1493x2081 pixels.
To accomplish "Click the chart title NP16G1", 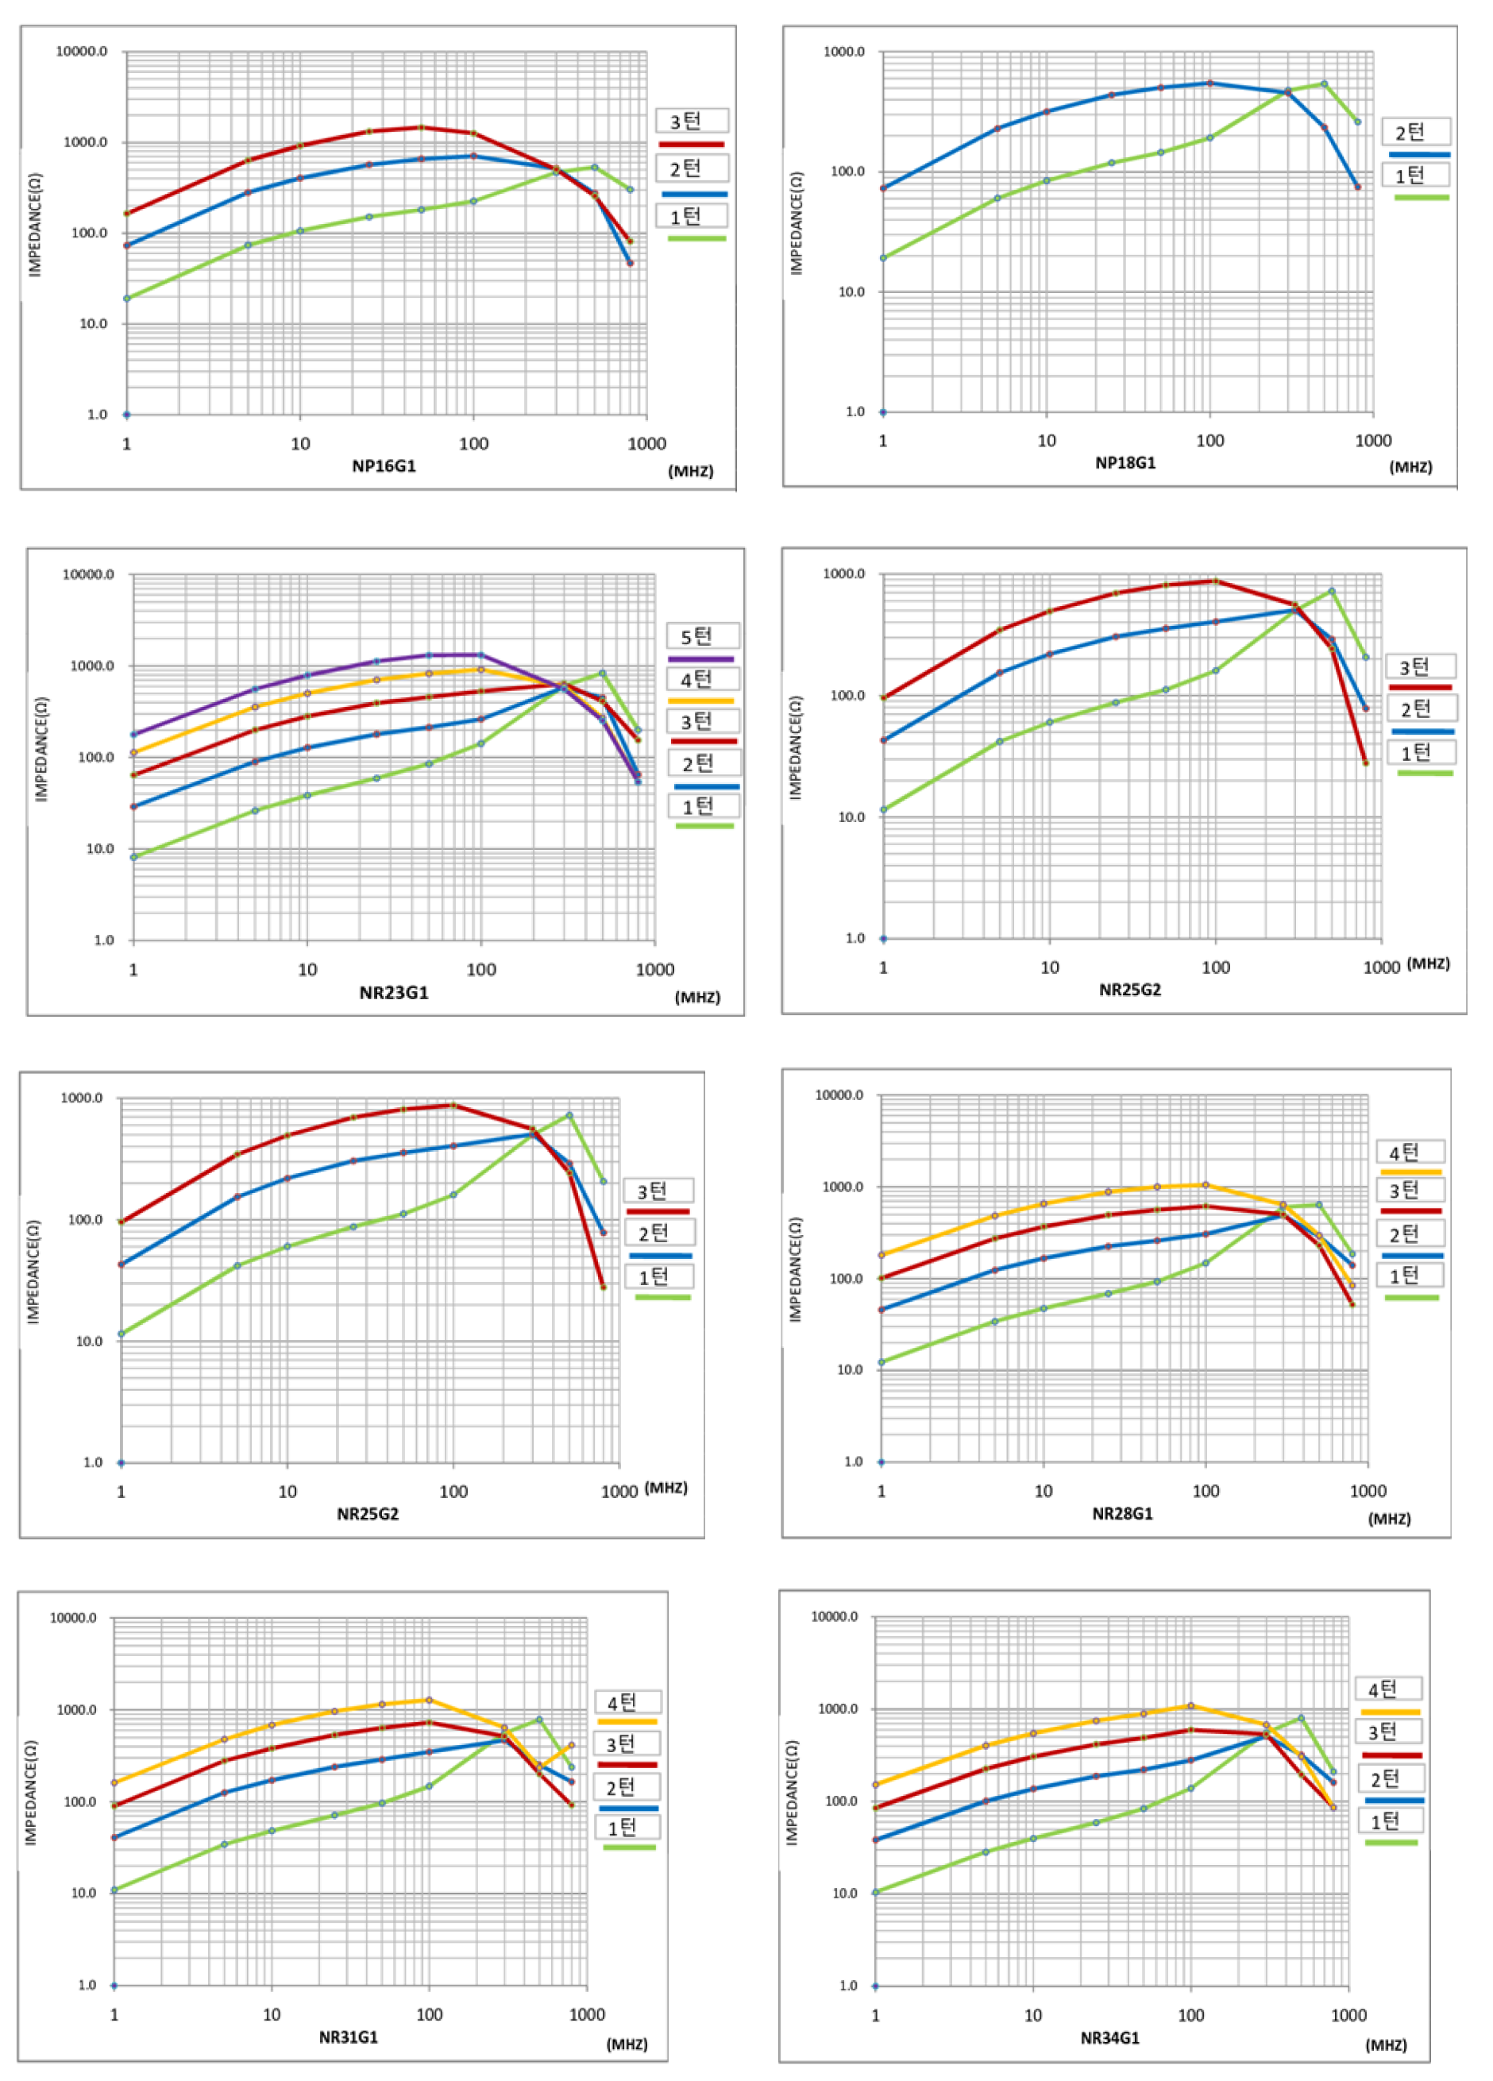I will point(384,466).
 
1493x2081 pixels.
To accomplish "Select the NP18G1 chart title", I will point(1125,462).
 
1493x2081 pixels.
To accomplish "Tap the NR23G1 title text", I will point(394,993).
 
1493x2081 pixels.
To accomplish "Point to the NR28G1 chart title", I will point(1122,1514).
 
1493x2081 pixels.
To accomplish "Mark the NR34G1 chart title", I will point(1109,2038).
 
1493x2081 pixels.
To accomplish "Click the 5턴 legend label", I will point(696,637).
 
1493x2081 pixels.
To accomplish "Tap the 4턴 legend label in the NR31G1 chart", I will point(622,1703).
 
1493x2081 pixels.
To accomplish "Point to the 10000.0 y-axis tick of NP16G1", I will point(82,52).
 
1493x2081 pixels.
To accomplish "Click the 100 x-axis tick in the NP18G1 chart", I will point(1209,440).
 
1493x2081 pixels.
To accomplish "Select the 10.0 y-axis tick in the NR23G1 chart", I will point(100,849).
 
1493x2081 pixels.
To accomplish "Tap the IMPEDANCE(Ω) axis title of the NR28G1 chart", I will point(796,1270).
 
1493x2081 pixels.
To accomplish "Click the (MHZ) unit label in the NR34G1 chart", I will point(1386,2044).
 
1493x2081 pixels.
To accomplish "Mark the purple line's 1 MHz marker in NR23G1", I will point(134,734).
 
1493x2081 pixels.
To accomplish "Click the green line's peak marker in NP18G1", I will point(1323,83).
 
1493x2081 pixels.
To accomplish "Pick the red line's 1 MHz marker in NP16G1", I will point(126,213).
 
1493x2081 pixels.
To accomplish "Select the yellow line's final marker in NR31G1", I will point(571,1745).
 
